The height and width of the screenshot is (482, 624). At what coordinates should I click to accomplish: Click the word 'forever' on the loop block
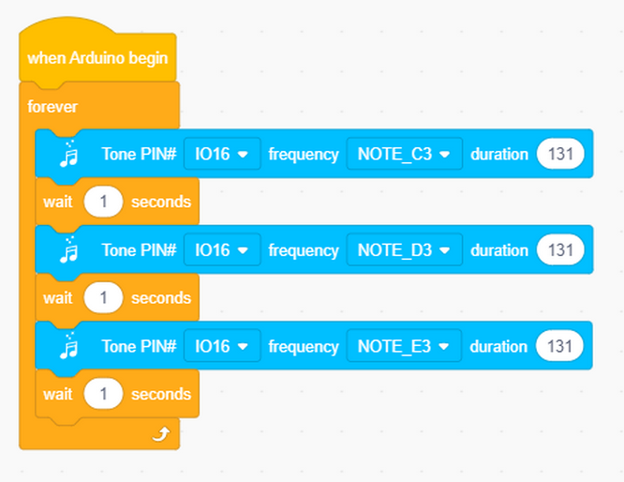coord(52,107)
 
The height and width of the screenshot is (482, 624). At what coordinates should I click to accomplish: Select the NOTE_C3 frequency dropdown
coord(405,154)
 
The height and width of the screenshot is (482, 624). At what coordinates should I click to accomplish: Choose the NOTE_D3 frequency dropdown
coord(405,249)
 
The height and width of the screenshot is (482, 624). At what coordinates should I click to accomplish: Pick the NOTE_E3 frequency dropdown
coord(404,346)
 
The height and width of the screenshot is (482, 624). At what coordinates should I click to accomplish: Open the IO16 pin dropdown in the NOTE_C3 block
coord(222,154)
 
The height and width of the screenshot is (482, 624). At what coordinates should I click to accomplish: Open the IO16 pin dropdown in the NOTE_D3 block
coord(222,249)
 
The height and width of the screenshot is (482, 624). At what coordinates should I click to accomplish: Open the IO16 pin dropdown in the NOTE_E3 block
coord(222,346)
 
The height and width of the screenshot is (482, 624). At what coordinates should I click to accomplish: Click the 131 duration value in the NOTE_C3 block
coord(560,154)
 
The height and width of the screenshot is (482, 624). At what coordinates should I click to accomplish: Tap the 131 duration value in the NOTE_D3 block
coord(560,249)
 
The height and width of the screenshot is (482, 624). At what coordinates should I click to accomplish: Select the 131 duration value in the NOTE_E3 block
coord(559,346)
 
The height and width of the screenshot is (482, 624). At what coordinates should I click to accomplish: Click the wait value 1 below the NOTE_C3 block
coord(103,202)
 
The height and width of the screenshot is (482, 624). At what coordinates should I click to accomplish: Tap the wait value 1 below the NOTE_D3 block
coord(103,297)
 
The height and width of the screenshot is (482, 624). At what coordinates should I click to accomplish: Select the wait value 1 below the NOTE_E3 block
coord(103,394)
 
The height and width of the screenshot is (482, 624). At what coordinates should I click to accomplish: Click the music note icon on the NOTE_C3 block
coord(68,154)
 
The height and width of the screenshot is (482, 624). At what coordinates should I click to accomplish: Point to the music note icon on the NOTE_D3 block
coord(68,249)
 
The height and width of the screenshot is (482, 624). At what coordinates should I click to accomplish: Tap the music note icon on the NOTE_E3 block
coord(68,345)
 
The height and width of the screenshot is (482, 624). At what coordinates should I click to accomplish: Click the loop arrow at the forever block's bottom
coord(161,434)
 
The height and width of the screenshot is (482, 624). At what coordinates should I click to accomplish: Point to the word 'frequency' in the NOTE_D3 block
coord(304,250)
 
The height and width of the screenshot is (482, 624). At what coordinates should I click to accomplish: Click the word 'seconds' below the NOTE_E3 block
coord(161,394)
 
